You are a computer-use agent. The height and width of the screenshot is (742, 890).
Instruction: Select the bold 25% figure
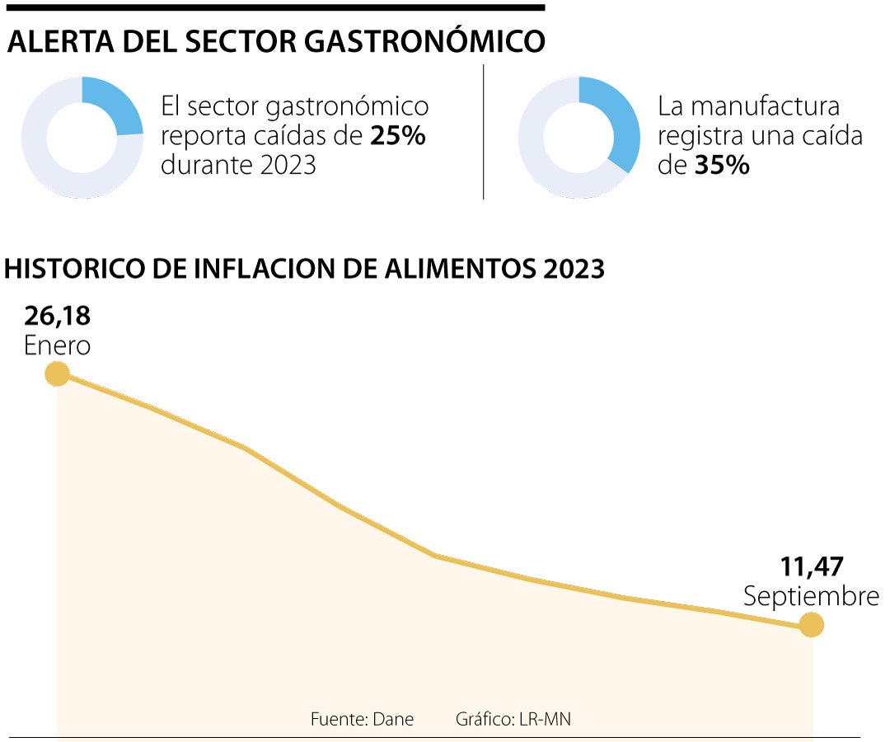click(x=397, y=136)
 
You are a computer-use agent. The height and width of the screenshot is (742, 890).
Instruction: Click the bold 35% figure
click(x=721, y=165)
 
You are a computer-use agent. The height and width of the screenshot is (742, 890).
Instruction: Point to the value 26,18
click(x=57, y=315)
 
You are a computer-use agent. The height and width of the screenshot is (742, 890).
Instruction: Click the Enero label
click(x=57, y=345)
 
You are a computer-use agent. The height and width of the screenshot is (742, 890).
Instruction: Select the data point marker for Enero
click(x=56, y=374)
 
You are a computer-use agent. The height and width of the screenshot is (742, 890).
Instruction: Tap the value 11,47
click(x=812, y=566)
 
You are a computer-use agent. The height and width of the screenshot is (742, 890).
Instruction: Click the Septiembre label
click(x=811, y=596)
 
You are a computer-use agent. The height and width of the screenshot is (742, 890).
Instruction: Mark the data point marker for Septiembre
click(x=812, y=625)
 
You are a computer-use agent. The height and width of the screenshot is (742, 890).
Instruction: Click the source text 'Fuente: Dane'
click(x=362, y=719)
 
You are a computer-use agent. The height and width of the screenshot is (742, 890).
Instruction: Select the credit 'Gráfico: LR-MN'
click(x=513, y=719)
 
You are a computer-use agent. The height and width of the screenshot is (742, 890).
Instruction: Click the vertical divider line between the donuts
click(x=484, y=132)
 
